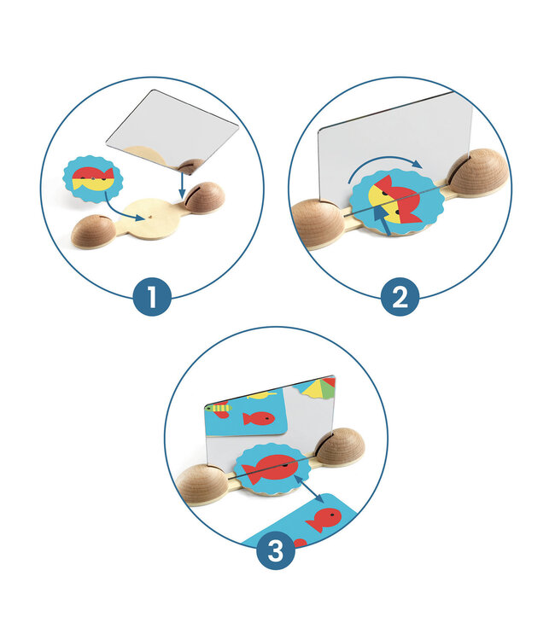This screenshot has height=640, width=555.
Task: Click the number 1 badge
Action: pyautogui.click(x=152, y=297)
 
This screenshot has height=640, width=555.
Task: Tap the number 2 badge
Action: pyautogui.click(x=400, y=297)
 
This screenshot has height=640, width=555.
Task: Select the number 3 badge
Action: pyautogui.click(x=276, y=550)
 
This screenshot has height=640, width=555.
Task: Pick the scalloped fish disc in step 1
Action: pyautogui.click(x=93, y=179)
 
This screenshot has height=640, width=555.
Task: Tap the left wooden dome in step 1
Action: pyautogui.click(x=94, y=230)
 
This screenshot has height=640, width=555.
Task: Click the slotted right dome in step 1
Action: pyautogui.click(x=204, y=197)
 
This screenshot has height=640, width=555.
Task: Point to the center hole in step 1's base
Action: pyautogui.click(x=150, y=218)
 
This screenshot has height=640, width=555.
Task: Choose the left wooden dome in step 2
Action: pyautogui.click(x=318, y=224)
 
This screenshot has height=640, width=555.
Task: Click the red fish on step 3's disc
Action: pyautogui.click(x=269, y=467)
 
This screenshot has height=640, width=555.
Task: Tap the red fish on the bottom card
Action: pyautogui.click(x=324, y=519)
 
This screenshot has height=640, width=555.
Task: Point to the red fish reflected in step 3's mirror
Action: pyautogui.click(x=258, y=418)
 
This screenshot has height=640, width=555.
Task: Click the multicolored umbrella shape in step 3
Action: pyautogui.click(x=318, y=388)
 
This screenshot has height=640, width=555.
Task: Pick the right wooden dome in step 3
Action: pyautogui.click(x=340, y=446)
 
